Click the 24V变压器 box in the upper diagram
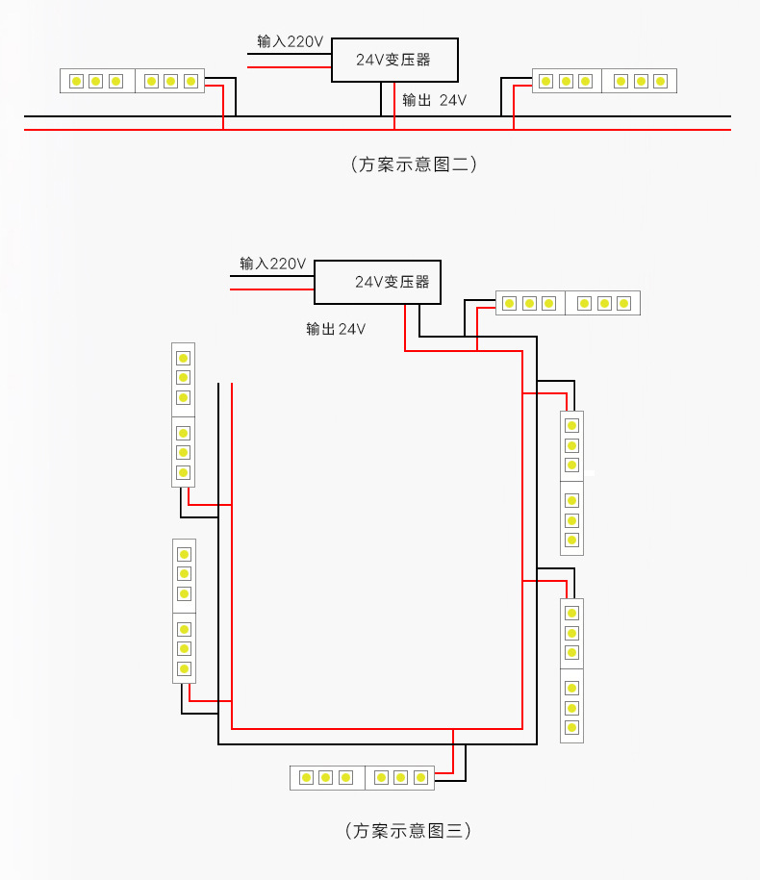click(x=394, y=60)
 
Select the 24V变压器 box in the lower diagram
click(x=377, y=282)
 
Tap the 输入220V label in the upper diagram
click(x=290, y=41)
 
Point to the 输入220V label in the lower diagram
click(x=272, y=264)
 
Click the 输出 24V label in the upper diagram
click(x=434, y=100)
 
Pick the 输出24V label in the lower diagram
click(x=336, y=329)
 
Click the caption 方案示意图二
click(x=414, y=163)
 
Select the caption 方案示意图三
click(x=408, y=830)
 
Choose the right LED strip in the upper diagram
click(x=604, y=81)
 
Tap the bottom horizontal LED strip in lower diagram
click(x=362, y=777)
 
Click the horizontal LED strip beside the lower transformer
click(x=568, y=303)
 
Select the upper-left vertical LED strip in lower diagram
click(x=183, y=415)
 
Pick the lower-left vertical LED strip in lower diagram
click(x=184, y=611)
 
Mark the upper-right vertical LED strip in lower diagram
click(x=571, y=483)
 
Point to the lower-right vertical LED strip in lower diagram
click(x=571, y=670)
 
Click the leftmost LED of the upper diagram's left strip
click(x=76, y=81)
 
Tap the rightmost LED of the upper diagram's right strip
click(x=661, y=81)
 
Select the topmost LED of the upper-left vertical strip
click(x=183, y=357)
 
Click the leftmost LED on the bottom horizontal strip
click(x=306, y=777)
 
